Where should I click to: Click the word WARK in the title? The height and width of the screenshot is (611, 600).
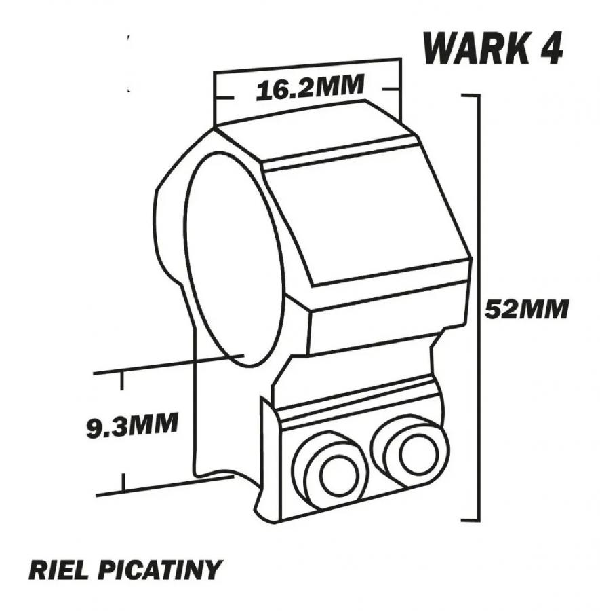(474, 48)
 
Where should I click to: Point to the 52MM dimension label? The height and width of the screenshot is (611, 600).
(527, 309)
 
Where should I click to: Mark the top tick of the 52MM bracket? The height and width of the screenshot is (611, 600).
(471, 94)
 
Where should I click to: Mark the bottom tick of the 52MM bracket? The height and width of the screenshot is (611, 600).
(471, 520)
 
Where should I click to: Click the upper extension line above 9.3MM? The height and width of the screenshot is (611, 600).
(168, 365)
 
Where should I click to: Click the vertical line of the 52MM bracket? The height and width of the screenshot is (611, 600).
(479, 308)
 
